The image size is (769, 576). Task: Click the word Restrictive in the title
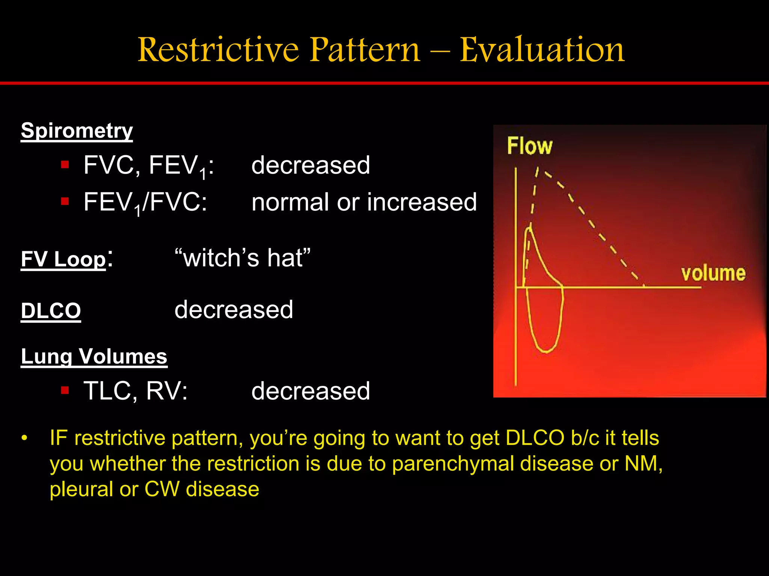(x=218, y=50)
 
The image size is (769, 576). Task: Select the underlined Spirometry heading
(x=77, y=131)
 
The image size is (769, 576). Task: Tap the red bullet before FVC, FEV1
(x=65, y=165)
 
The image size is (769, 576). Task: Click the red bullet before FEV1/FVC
(x=65, y=202)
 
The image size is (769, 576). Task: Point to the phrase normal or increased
(x=364, y=202)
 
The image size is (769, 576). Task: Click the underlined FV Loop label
(x=63, y=259)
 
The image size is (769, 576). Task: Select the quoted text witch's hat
(x=243, y=258)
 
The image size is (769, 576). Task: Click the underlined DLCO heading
(x=51, y=310)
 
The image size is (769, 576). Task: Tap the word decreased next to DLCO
(x=234, y=310)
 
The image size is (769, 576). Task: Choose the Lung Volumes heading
(x=94, y=356)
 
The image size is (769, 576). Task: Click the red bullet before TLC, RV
(x=65, y=390)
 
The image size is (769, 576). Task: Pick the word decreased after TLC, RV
(x=311, y=391)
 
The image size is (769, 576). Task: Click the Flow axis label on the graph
(x=529, y=146)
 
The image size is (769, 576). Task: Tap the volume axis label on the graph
(x=713, y=273)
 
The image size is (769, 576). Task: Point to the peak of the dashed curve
(x=538, y=169)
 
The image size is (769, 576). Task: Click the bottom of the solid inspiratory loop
(x=545, y=351)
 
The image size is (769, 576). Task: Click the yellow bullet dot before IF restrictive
(x=24, y=438)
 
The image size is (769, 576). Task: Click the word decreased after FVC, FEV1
(x=311, y=165)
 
